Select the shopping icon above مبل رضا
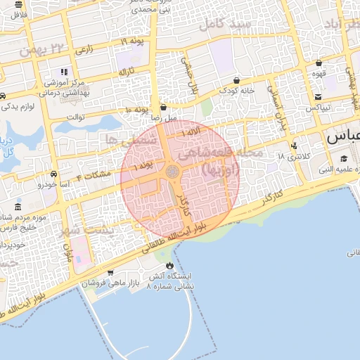164,108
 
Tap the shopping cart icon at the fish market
110,272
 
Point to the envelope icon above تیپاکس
318,97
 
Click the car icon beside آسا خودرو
54,173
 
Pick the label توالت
75,117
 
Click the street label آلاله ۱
193,133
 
